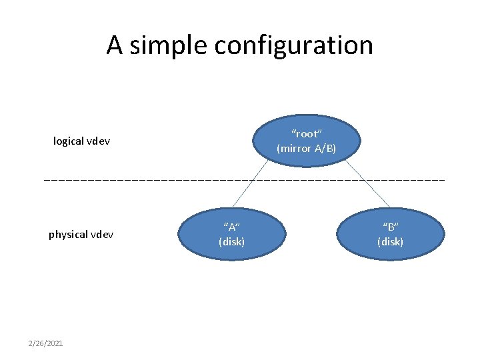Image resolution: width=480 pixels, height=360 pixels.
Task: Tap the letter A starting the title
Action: click(114, 45)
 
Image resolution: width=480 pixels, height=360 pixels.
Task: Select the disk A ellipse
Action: click(232, 233)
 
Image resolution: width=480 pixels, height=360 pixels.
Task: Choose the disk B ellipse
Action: click(391, 233)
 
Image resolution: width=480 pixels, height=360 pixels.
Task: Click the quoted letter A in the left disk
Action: click(232, 227)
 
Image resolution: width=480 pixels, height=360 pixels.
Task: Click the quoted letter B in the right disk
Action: click(391, 227)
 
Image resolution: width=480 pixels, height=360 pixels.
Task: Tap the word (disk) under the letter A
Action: click(232, 241)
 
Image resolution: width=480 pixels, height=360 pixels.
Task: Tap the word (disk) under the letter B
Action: click(391, 241)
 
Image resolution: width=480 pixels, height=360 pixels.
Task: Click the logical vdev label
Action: click(81, 141)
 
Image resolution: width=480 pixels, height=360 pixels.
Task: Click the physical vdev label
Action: click(81, 235)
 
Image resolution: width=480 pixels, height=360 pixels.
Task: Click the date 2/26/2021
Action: click(45, 343)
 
